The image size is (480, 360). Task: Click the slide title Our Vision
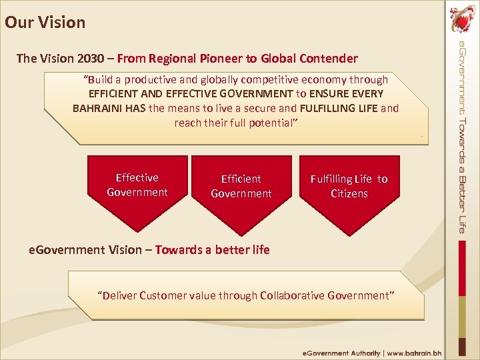pos(45,22)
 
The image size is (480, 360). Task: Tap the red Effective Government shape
pos(137,186)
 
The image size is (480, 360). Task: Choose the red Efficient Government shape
pos(241,187)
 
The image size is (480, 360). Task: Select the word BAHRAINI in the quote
pos(98,108)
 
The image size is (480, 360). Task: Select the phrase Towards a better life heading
pos(213,250)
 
